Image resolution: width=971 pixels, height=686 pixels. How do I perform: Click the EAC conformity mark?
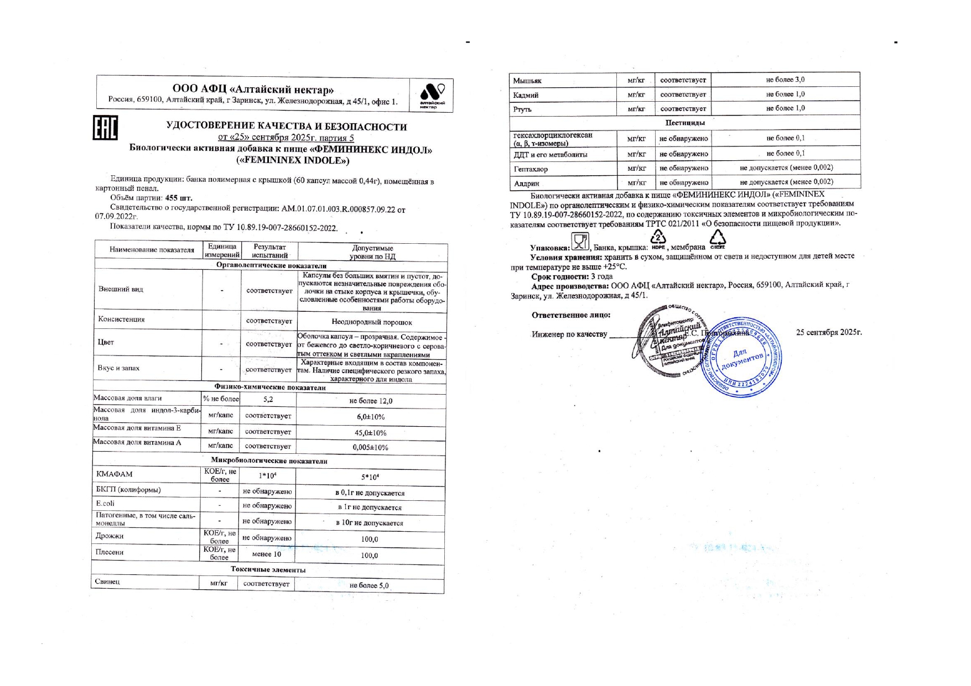coord(105,128)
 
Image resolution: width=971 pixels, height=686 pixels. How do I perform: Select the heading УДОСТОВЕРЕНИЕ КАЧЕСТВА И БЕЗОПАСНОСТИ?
coord(287,127)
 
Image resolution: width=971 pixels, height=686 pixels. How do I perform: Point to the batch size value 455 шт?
coord(183,198)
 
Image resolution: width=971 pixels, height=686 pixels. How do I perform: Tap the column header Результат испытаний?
coord(269,251)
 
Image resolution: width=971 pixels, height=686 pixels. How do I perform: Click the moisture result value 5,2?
coord(268,399)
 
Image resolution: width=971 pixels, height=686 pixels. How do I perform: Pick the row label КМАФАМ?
coord(115,474)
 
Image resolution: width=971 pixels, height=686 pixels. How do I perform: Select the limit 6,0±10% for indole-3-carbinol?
coord(371,417)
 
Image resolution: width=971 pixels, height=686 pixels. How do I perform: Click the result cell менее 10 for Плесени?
coord(266,554)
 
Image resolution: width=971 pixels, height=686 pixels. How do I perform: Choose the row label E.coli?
coord(105,504)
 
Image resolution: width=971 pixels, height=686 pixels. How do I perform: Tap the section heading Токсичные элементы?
coord(268,569)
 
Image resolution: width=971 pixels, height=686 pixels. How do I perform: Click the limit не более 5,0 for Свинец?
coord(369,585)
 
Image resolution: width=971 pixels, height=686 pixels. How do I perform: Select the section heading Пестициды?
coord(685,122)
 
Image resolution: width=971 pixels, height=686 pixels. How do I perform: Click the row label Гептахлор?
coord(531,169)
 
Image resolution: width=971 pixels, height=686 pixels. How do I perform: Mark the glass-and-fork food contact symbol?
coord(580,242)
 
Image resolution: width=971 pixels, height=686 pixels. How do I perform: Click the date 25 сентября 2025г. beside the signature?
coord(829,333)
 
